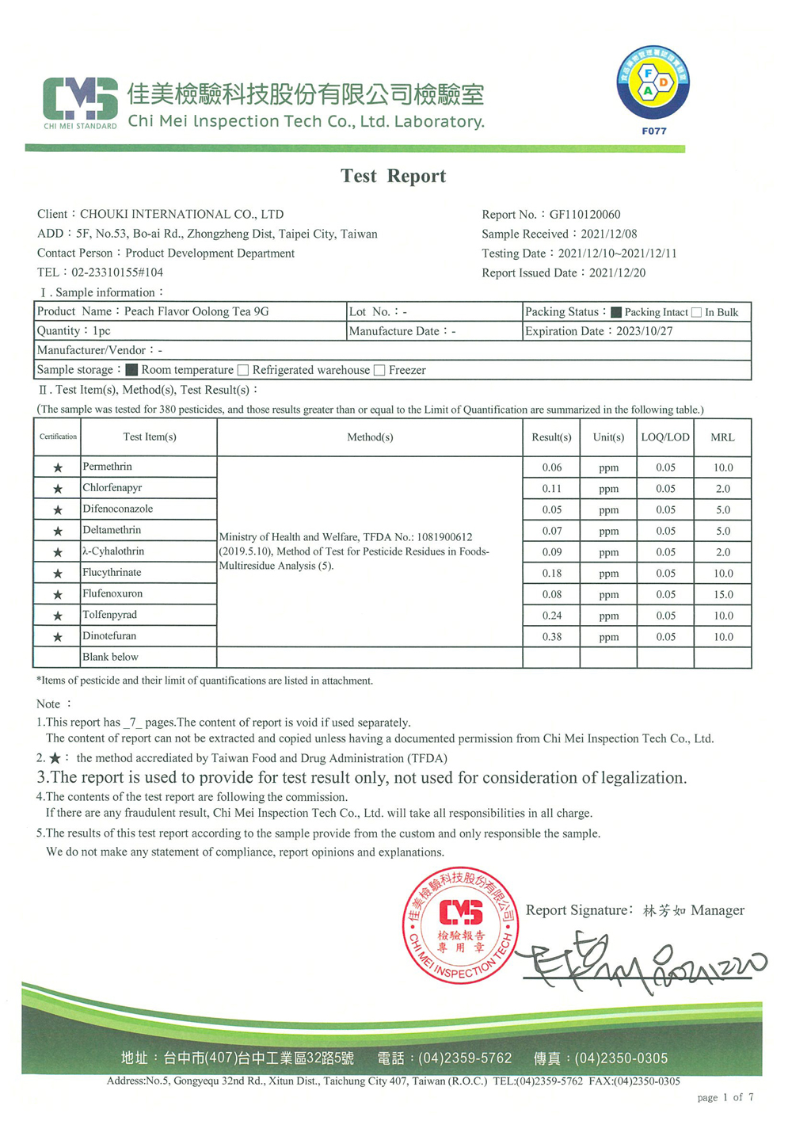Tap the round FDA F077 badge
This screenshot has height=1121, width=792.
tap(653, 83)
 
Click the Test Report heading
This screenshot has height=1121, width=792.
tap(393, 176)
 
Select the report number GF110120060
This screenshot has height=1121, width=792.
tap(585, 215)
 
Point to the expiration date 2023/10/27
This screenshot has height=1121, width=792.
tap(644, 331)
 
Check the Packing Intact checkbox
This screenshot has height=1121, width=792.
tap(616, 312)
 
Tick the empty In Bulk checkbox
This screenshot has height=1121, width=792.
tap(696, 312)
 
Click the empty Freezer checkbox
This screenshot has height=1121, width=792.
tap(379, 370)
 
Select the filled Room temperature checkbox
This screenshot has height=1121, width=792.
tap(132, 370)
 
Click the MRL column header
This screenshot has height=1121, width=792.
tap(722, 437)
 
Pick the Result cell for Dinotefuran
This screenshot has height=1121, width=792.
tap(551, 637)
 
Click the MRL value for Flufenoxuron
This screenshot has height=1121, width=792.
tap(723, 594)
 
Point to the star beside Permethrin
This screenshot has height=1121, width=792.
tap(58, 467)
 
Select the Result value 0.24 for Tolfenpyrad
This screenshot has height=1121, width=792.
tap(551, 616)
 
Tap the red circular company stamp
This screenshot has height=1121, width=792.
tap(460, 925)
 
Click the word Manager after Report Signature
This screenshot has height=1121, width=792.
tap(718, 910)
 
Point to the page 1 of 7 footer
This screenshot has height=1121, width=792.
tap(725, 1097)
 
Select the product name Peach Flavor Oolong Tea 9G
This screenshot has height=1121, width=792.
tap(196, 311)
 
